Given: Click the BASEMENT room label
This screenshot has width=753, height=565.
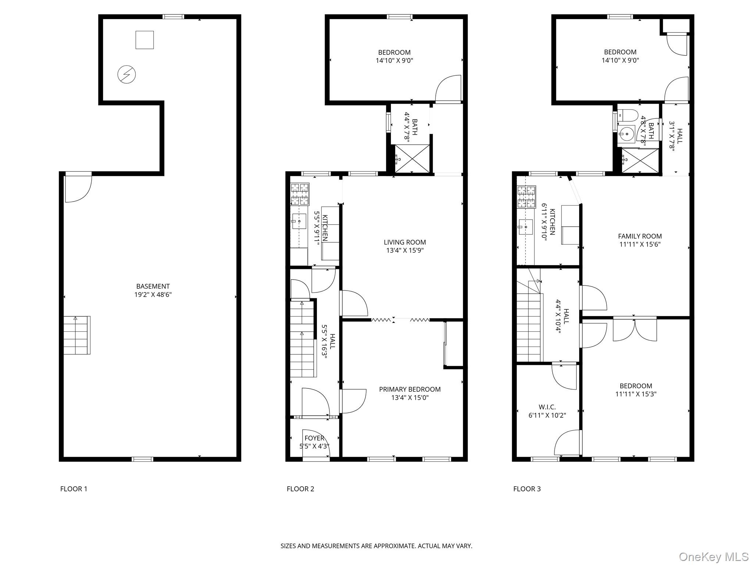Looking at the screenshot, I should (x=153, y=286).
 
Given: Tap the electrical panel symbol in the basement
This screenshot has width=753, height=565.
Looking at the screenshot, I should (x=126, y=75).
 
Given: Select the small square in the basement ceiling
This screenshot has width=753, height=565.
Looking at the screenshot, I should (x=144, y=40).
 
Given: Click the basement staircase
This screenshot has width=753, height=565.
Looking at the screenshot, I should (x=77, y=335).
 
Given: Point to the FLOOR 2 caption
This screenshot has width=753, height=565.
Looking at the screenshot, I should (x=300, y=489).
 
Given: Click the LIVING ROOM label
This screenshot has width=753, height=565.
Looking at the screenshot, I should (x=405, y=242).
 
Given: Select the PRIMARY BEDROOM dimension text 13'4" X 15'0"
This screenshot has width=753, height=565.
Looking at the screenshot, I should (x=410, y=398).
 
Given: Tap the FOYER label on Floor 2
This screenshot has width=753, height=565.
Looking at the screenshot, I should (x=314, y=438).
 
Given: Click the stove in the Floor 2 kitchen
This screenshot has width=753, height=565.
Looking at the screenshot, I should (x=300, y=194).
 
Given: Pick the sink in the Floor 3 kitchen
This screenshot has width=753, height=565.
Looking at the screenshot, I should (x=525, y=227).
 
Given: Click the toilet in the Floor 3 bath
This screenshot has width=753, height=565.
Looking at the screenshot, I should (x=628, y=115).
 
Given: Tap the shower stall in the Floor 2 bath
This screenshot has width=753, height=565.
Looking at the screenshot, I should (x=412, y=159).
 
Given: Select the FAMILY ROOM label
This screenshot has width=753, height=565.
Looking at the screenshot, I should (x=640, y=236).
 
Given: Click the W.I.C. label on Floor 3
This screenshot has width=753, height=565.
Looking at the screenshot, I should (x=547, y=407).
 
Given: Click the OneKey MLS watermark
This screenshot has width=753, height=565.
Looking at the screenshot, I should (x=713, y=557).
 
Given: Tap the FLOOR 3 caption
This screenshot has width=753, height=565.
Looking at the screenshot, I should (x=527, y=489).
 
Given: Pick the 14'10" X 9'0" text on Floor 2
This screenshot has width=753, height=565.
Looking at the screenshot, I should (x=394, y=61).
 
